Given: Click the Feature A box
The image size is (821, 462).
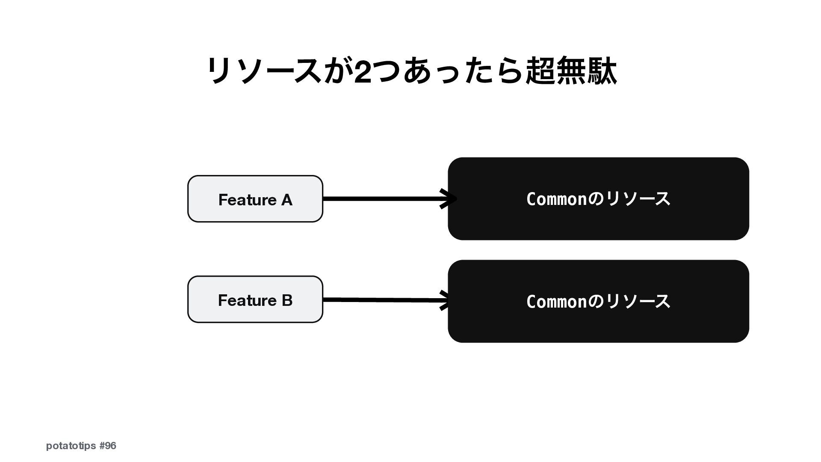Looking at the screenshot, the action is point(255,199).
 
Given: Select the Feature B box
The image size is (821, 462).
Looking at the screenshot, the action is point(255,299).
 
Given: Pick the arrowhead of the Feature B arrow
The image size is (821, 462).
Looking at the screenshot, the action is point(445,300).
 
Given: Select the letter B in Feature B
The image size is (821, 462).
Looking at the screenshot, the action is point(287,300).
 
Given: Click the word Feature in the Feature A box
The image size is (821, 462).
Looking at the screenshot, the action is point(247,200).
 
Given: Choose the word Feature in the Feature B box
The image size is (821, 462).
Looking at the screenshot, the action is point(247,300).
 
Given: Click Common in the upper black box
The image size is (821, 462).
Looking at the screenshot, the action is point(556,199).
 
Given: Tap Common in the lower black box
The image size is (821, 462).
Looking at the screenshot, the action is point(556,302).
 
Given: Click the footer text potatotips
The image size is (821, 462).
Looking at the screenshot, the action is point(71,446).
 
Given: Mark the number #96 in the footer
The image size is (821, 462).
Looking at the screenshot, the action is point(107,446).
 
